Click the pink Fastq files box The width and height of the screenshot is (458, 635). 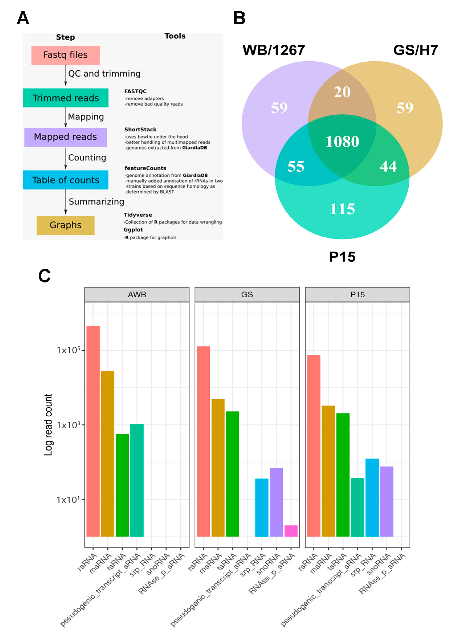tap(66, 55)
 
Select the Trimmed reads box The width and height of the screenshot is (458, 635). tap(66, 98)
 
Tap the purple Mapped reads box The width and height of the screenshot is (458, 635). tap(66, 137)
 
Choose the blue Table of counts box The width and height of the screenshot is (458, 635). tap(66, 180)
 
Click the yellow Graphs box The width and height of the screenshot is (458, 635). tap(66, 225)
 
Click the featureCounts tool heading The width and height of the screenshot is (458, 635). tap(145, 168)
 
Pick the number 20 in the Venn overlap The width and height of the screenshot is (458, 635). tap(342, 92)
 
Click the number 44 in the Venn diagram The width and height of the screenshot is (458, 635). tap(388, 166)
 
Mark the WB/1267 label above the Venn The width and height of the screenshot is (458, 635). tap(274, 50)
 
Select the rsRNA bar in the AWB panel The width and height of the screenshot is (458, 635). tap(93, 431)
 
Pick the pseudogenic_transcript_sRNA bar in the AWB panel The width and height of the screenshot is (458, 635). tap(137, 480)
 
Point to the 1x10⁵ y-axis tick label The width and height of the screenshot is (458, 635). tap(68, 350)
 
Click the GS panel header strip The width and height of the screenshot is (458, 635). tap(247, 294)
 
